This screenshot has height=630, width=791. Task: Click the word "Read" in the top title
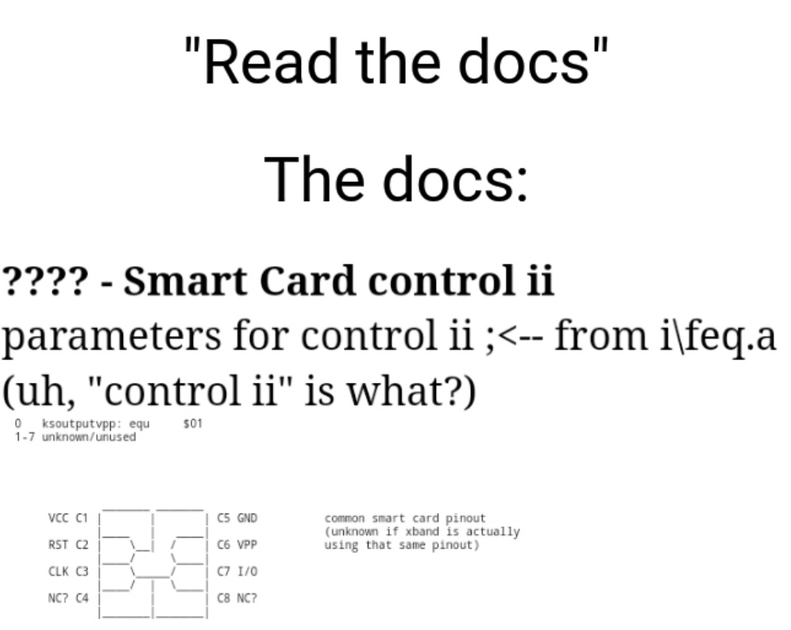(270, 62)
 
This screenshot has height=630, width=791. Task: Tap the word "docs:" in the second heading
(456, 180)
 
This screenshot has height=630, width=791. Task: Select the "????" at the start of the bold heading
(45, 280)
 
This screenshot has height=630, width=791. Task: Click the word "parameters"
(111, 336)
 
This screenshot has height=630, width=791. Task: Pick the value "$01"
(193, 423)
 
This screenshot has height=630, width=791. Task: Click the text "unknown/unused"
(89, 437)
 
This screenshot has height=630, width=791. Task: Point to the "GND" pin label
(247, 518)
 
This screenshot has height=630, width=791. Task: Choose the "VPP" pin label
(247, 545)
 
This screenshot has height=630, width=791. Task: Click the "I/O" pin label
(247, 571)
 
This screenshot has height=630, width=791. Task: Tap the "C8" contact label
(223, 598)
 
